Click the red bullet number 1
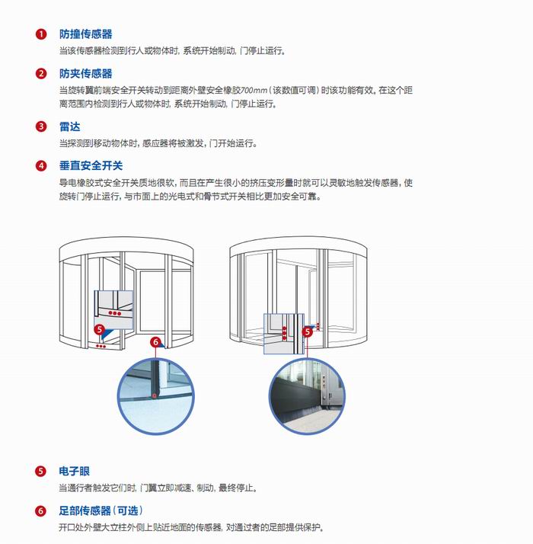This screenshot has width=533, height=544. [x=41, y=34]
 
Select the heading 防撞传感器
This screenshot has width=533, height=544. [x=85, y=34]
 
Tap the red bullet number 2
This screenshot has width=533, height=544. [x=41, y=74]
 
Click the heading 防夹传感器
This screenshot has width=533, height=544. [x=85, y=74]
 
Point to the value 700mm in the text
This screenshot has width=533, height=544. [x=254, y=90]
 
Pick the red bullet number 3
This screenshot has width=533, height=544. [x=41, y=126]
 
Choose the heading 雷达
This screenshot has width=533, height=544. [x=70, y=126]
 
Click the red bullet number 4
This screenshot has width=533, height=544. [x=41, y=166]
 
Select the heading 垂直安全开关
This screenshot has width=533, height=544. [x=91, y=166]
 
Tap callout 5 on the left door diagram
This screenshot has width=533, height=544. [x=100, y=329]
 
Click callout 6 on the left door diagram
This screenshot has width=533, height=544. [x=155, y=342]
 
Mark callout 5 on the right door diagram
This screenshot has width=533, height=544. [x=308, y=332]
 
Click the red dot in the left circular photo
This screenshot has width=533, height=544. [x=155, y=395]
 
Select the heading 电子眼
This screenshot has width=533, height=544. [x=74, y=471]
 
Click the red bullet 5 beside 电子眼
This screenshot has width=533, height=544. [x=40, y=471]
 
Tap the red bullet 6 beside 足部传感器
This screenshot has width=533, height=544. [x=40, y=510]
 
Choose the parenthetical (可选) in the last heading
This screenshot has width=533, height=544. [x=128, y=510]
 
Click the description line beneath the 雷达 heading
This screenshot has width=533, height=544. [x=158, y=143]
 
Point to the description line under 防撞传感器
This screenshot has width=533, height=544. [x=172, y=50]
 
